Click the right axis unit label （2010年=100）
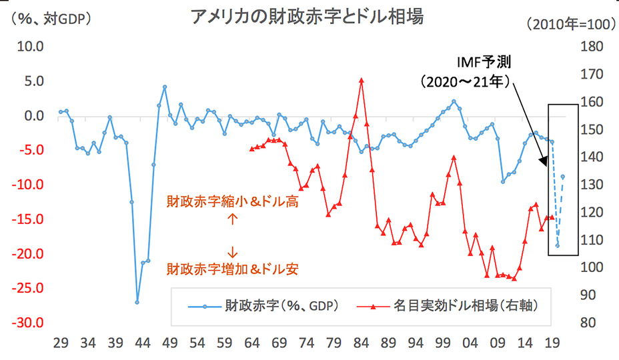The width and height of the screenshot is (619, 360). pos(570,25)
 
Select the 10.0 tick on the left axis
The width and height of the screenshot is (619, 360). pos(30,47)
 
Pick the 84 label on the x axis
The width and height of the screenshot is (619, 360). pos(361,344)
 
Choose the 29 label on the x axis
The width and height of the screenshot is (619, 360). pos(60,344)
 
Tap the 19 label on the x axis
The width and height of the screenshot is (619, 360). pos(552,344)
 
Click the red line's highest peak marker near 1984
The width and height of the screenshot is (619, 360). pos(361,80)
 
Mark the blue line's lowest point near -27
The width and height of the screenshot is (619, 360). pos(137,302)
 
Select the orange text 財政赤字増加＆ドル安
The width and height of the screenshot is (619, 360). pos(231,269)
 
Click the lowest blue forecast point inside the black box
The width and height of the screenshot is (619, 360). pos(558,245)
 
